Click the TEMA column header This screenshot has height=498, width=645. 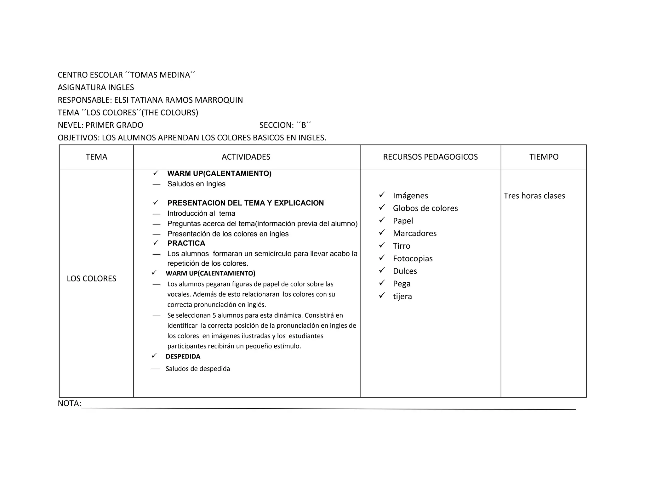pos(96,157)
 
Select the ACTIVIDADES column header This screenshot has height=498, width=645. pos(246,157)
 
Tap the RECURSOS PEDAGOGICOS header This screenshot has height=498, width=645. pos(430,157)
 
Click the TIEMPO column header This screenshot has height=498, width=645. pos(544,157)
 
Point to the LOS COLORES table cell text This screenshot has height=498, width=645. pos(91,279)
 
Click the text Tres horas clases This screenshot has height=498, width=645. pos(534,196)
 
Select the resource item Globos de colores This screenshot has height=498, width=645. pos(425,208)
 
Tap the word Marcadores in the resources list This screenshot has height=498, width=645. pos(415,234)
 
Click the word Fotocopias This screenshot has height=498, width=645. pos(413,259)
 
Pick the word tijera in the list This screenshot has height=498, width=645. pos(402,297)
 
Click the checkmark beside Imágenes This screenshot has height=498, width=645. pos(382,195)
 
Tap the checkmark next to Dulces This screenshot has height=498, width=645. pos(382,270)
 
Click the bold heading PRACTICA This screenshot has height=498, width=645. pos(186,243)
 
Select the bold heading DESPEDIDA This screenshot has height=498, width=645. pos(183,357)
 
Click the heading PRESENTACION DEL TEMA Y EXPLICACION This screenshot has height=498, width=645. pos(245,203)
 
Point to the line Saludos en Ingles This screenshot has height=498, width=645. pos(196,184)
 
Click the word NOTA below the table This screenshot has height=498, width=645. pos(69,404)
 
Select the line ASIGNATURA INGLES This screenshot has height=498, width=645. pos(96,88)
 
